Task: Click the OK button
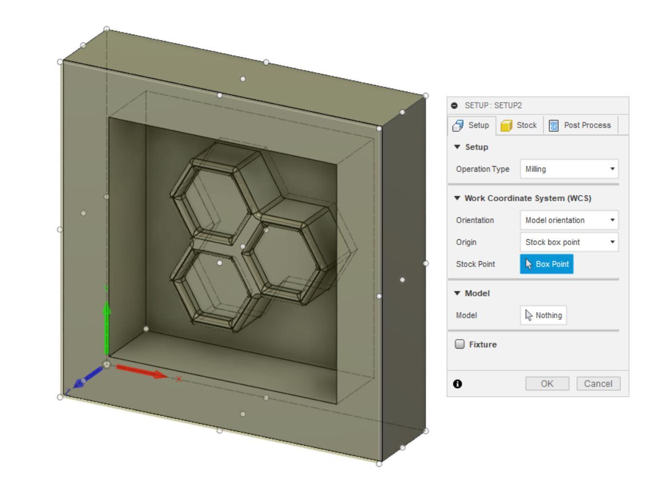(547, 383)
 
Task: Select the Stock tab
(519, 125)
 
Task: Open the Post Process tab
(580, 125)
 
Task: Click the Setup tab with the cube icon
(471, 125)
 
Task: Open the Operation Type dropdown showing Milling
(569, 169)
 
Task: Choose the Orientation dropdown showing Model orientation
(569, 220)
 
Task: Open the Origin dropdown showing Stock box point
(569, 242)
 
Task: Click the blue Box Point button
(547, 264)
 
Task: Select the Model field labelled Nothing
(543, 315)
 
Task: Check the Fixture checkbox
(460, 344)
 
